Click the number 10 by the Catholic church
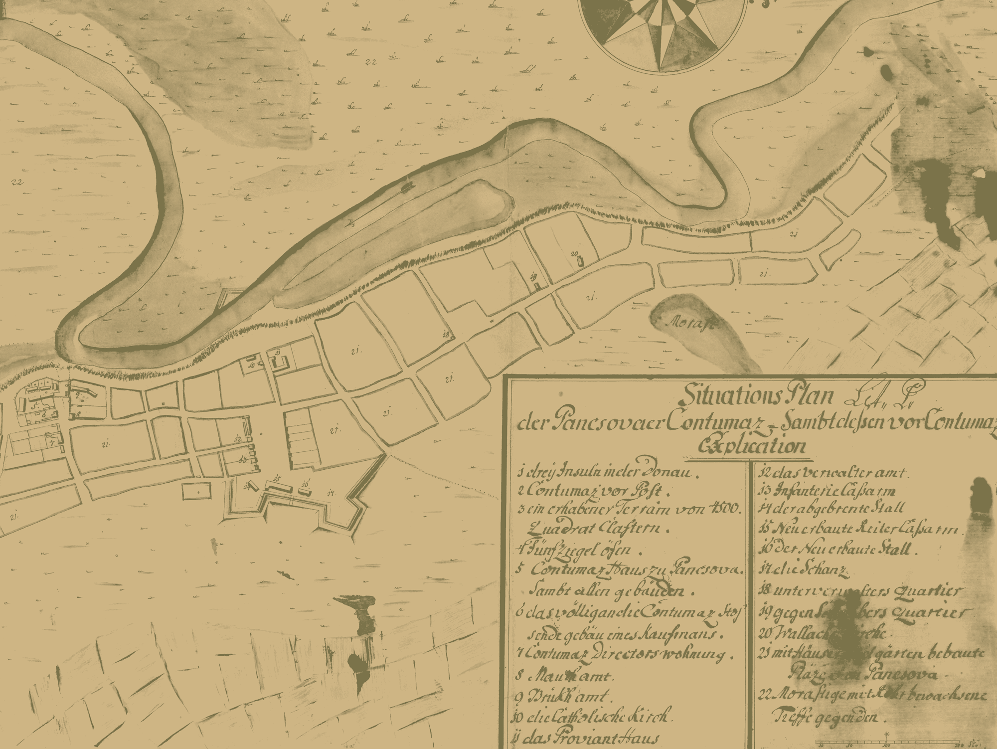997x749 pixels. click(251, 365)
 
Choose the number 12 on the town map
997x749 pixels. click(238, 439)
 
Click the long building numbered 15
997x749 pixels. click(279, 486)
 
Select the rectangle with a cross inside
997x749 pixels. click(196, 491)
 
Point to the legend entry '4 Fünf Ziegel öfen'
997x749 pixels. click(573, 551)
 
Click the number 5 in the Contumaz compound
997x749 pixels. click(34, 406)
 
